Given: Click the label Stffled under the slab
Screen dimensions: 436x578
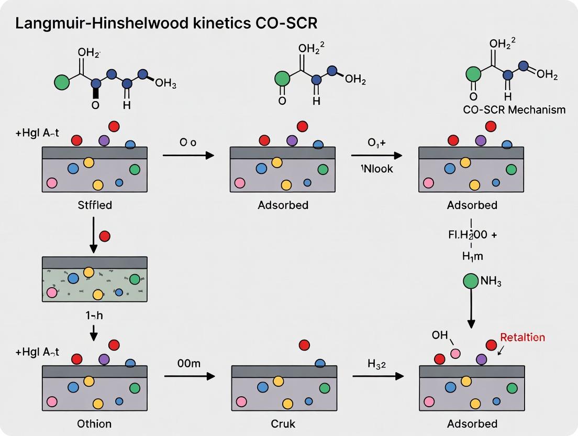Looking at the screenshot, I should [94, 205].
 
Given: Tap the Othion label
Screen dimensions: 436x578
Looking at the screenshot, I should [94, 423].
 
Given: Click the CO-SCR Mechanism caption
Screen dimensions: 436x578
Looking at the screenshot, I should [514, 110].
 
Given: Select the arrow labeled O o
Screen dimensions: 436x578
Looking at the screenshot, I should [188, 155].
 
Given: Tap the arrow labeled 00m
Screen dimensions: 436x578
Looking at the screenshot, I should [190, 376].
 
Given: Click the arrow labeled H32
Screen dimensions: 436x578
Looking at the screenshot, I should [377, 376].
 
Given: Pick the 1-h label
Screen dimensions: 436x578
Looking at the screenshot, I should [94, 316].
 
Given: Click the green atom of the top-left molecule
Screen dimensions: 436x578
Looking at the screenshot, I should [62, 83].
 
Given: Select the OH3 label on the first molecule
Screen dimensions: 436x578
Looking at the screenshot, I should [166, 84].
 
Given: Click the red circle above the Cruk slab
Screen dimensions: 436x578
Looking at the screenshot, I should [303, 345].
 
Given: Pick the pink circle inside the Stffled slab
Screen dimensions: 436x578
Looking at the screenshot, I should [51, 183].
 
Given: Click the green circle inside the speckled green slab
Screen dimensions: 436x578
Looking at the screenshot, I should [135, 279].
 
